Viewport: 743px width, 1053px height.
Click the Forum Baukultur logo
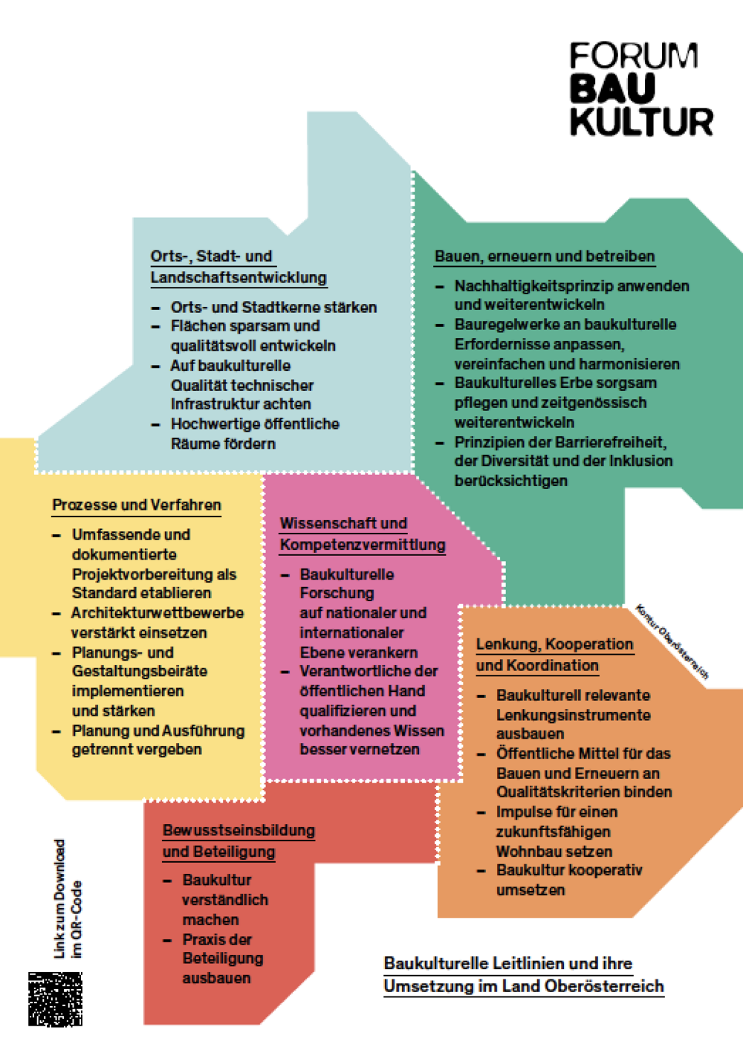point(641,89)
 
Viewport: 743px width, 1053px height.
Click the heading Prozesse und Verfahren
point(136,505)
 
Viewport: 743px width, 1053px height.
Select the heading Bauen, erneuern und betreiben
point(545,256)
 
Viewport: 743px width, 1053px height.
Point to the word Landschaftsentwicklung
point(239,277)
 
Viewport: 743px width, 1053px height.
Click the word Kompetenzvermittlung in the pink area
point(363,545)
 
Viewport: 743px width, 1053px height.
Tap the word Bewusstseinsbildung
point(239,830)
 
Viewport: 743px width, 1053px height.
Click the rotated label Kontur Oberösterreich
point(672,641)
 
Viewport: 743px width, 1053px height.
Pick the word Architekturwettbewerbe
point(158,613)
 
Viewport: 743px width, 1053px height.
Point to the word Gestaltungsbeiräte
point(140,671)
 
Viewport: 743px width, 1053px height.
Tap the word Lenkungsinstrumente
point(574,715)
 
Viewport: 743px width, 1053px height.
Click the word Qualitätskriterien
point(562,791)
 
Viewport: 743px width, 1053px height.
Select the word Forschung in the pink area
point(337,593)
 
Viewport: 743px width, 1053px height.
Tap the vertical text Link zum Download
point(59,898)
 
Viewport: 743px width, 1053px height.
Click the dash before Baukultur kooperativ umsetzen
point(481,871)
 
